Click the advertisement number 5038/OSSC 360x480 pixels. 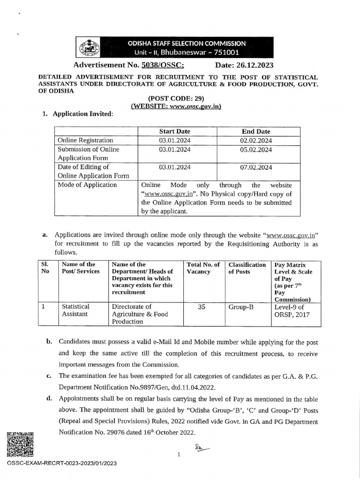[163, 65]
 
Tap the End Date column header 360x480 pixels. [255, 131]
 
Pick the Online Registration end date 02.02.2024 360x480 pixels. [256, 140]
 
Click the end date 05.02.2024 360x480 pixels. [256, 150]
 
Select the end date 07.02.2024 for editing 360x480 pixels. [256, 167]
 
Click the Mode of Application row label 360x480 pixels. [87, 185]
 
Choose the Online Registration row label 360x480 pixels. [85, 140]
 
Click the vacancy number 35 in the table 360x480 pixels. [202, 307]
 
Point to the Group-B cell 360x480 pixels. [240, 307]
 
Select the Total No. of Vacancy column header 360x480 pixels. [203, 268]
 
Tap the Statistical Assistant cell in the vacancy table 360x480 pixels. [75, 310]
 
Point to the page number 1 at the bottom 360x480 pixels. [179, 454]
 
